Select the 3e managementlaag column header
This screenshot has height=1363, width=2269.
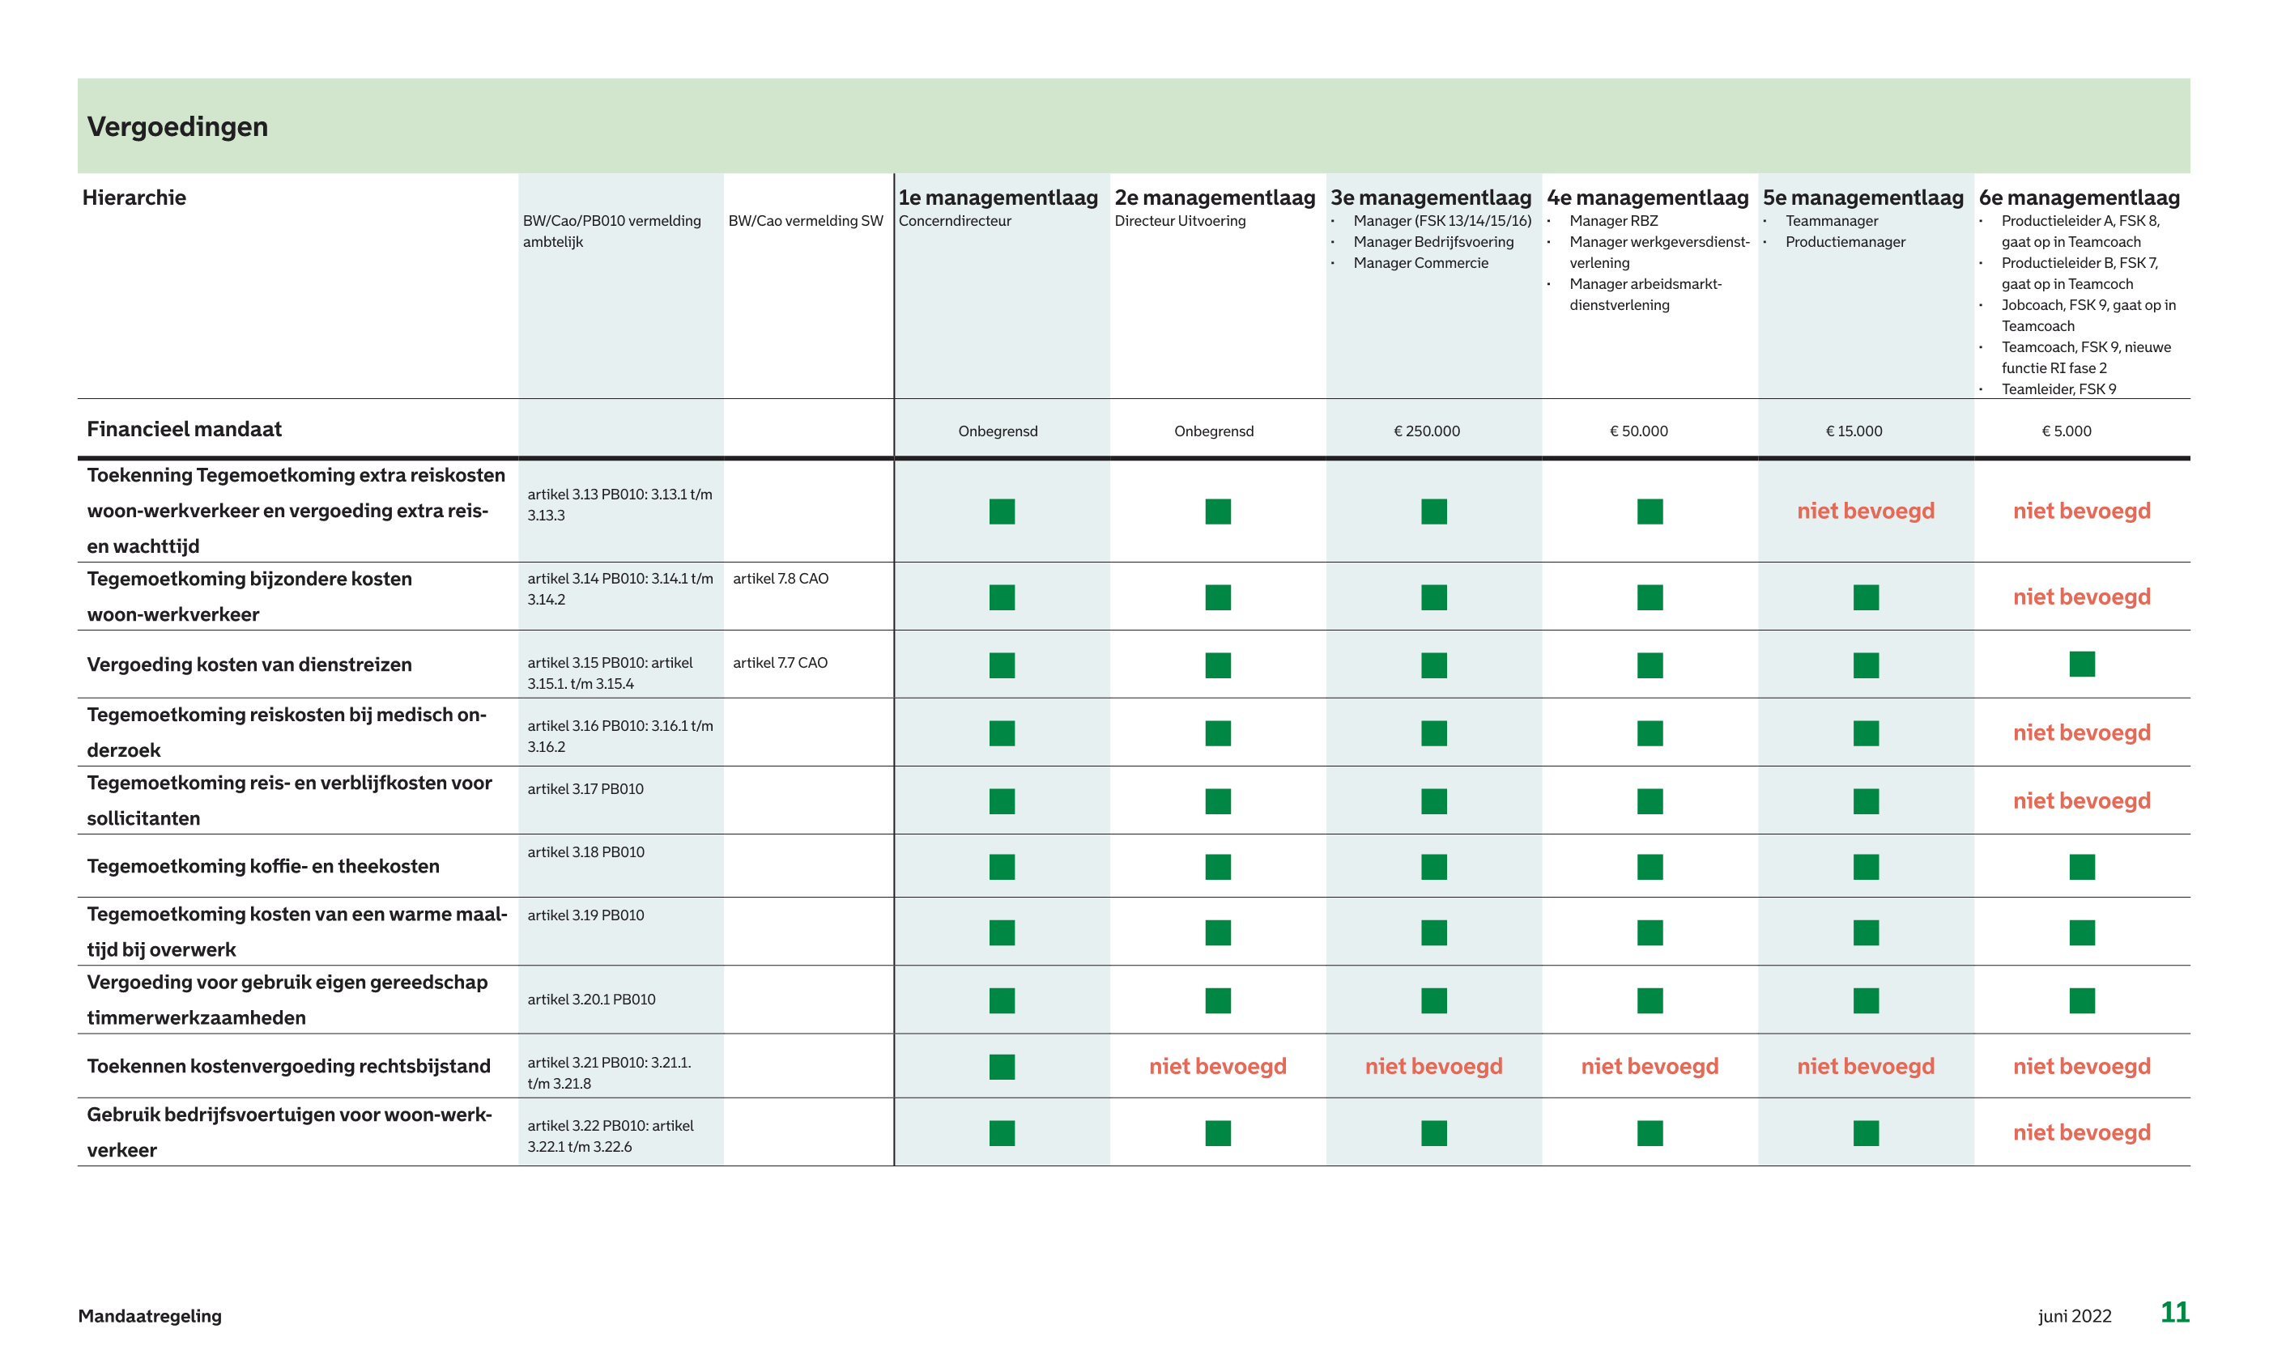tap(1430, 197)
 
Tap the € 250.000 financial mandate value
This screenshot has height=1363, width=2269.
tap(1427, 431)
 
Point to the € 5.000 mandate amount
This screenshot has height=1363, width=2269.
tap(2066, 431)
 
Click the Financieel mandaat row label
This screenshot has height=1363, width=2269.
tap(184, 429)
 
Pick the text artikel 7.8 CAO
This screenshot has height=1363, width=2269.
tap(780, 579)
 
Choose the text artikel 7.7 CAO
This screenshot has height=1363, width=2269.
tap(780, 662)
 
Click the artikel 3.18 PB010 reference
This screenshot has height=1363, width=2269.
tap(585, 852)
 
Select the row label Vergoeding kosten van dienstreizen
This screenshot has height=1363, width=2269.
tap(249, 664)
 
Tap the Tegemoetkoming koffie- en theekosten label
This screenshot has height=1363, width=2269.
tap(262, 866)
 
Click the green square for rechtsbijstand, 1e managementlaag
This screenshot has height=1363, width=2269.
tap(1002, 1066)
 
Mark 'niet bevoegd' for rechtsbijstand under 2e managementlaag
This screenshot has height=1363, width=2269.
tap(1217, 1066)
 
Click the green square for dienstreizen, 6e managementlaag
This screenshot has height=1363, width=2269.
tap(2082, 663)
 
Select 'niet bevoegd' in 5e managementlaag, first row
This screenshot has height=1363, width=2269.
tap(1865, 511)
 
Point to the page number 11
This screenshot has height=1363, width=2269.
tap(2174, 1313)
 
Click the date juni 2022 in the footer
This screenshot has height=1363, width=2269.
tap(2075, 1316)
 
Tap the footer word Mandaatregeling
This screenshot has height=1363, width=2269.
tap(150, 1316)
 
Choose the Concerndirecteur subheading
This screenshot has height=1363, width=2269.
tap(955, 221)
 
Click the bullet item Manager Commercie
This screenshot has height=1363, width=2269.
tap(1420, 264)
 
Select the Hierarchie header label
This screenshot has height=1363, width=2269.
tap(134, 197)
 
